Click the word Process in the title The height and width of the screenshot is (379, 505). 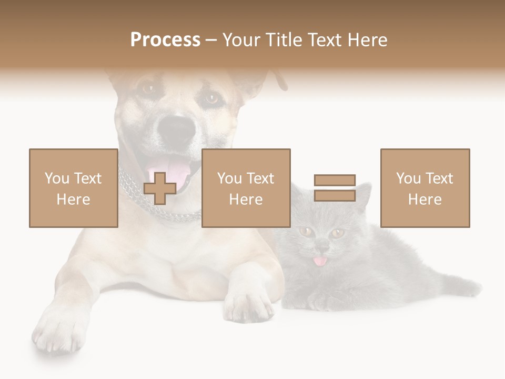[x=165, y=40]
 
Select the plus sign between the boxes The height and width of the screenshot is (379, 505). [x=160, y=188]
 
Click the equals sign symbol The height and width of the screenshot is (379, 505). [x=335, y=188]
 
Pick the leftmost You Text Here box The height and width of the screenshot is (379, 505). [x=74, y=188]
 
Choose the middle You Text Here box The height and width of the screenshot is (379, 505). [x=246, y=188]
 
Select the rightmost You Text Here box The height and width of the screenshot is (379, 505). [x=425, y=188]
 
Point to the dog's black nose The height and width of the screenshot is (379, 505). [x=177, y=129]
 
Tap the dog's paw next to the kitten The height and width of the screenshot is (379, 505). [x=247, y=305]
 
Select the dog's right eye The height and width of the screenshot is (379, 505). [x=211, y=98]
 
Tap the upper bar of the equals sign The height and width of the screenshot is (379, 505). [x=335, y=181]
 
